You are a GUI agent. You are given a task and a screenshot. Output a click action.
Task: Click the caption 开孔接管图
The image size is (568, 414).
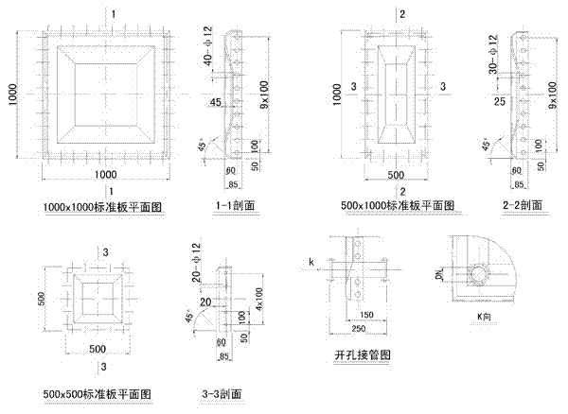pos(363,355)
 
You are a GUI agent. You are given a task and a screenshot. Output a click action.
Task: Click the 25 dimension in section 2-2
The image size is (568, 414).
pos(499,98)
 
